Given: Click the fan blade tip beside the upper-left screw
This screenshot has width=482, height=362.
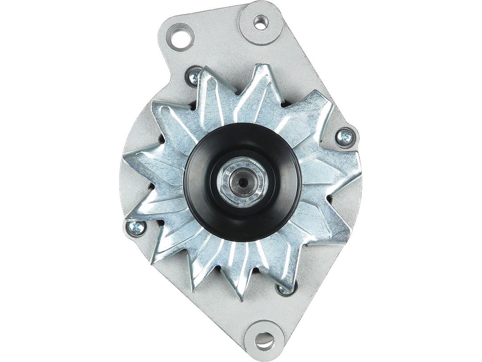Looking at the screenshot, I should (x=206, y=69).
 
